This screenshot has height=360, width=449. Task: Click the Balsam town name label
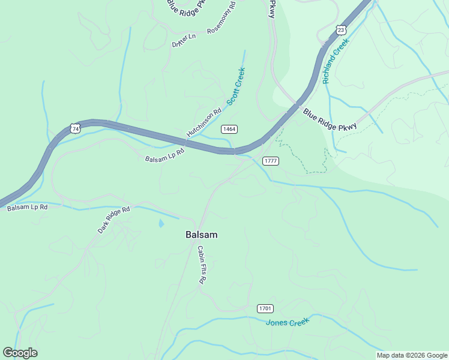click(201, 235)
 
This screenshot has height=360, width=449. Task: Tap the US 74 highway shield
click(74, 128)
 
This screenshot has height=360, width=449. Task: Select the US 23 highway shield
click(341, 29)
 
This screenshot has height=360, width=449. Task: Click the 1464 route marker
click(229, 129)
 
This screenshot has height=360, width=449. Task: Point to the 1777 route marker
click(271, 161)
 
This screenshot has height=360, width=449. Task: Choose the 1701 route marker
click(265, 308)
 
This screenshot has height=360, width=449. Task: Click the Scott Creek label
click(236, 86)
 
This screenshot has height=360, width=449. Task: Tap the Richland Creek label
click(335, 62)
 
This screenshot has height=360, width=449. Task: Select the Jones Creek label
click(288, 322)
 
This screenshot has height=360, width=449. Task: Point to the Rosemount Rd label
click(221, 17)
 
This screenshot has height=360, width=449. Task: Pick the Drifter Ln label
click(184, 40)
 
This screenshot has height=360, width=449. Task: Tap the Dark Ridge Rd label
click(114, 221)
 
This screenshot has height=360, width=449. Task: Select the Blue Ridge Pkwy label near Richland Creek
click(330, 119)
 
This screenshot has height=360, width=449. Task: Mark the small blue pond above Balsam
click(161, 223)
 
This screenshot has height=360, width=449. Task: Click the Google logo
click(20, 353)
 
